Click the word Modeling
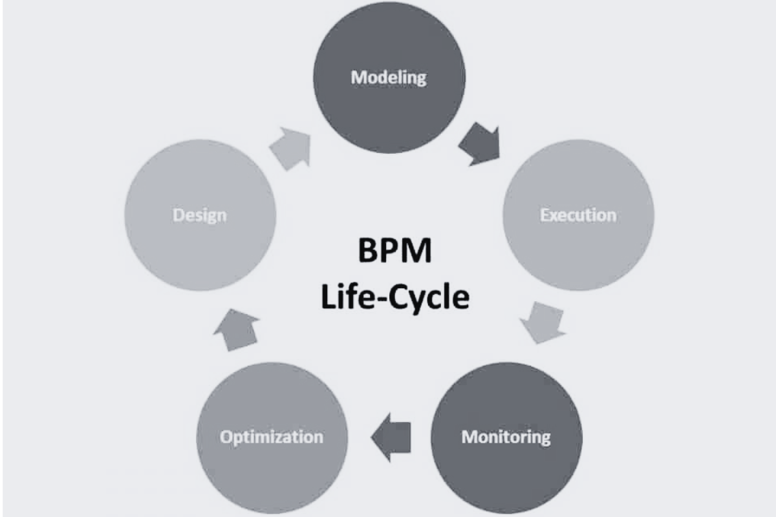point(389,78)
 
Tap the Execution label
point(578,215)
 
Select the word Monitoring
point(506,437)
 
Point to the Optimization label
point(271,437)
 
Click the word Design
point(200,215)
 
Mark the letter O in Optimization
point(226,437)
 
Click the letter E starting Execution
point(544,215)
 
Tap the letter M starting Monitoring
point(469,437)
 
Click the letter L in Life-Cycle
point(327,298)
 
